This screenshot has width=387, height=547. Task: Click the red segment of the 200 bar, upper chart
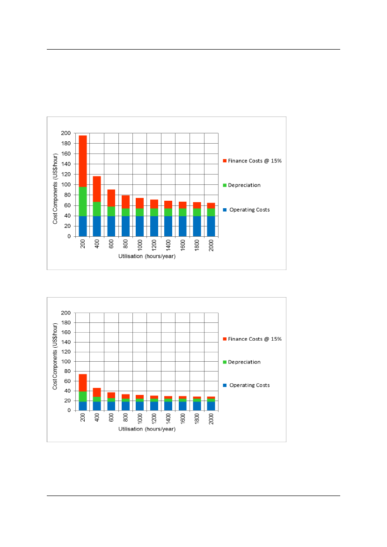(83, 161)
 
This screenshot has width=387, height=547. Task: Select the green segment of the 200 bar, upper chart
(83, 201)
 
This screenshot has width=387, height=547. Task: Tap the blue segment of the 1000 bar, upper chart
(140, 226)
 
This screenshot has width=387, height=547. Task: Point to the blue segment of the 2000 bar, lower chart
(211, 406)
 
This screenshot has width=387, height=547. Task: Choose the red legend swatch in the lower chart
(225, 339)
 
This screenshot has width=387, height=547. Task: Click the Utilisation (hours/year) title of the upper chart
(147, 256)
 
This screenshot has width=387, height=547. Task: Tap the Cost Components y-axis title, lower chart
(55, 356)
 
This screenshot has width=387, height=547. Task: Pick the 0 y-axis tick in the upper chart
(68, 236)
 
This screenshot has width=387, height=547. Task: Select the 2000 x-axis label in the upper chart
(212, 245)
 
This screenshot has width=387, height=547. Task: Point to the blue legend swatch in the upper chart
(225, 210)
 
